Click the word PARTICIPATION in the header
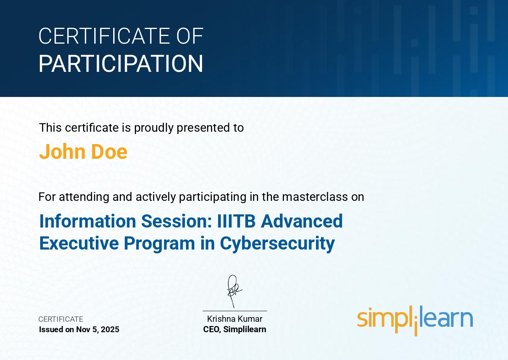121,63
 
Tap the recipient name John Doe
83,151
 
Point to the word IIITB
236,221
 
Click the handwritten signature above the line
234,291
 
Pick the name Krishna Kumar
234,319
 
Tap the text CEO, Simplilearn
234,329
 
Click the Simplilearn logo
415,320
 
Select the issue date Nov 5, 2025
97,329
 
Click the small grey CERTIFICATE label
61,319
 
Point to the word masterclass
315,197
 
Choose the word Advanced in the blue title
302,221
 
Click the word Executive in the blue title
79,243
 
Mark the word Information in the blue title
88,221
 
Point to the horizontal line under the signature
235,311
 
